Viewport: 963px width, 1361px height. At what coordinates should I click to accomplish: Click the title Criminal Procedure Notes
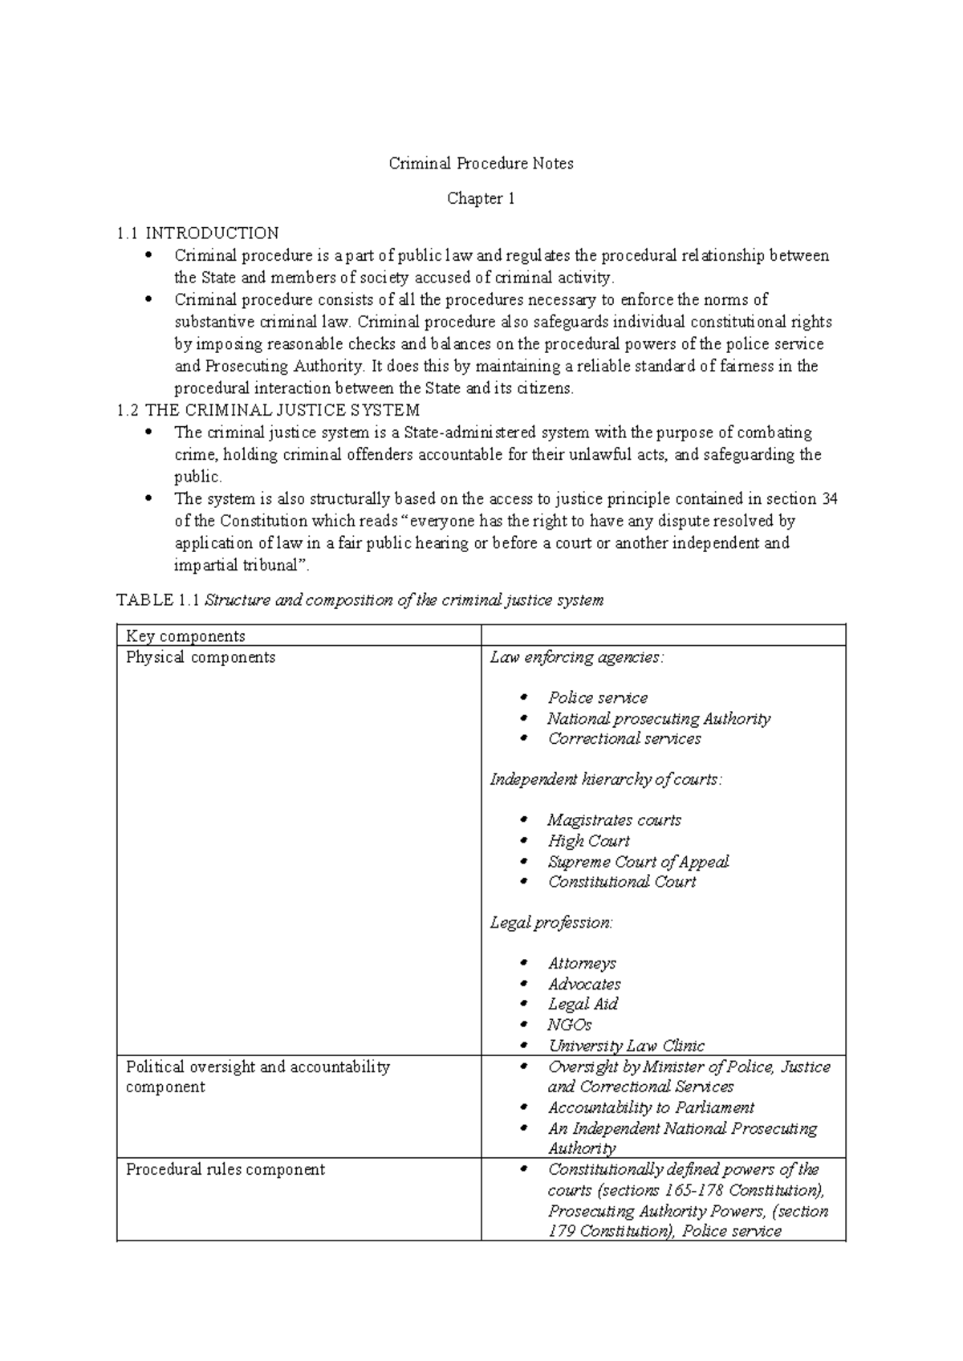coord(481,164)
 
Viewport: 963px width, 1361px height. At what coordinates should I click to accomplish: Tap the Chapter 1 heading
coord(481,198)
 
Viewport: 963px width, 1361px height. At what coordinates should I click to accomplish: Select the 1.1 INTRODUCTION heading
coord(197,234)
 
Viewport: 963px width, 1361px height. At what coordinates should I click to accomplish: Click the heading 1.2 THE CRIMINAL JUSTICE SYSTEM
coord(268,411)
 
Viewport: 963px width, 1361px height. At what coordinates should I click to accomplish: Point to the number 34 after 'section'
coord(829,499)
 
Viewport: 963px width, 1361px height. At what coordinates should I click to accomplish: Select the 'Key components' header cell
coord(185,636)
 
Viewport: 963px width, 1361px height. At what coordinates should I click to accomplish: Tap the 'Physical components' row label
coord(201,657)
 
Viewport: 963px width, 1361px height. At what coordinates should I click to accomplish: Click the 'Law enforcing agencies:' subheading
coord(577,657)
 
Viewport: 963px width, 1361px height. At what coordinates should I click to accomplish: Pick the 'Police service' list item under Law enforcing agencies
coord(598,698)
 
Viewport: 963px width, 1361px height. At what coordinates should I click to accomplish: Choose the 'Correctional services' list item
coord(624,739)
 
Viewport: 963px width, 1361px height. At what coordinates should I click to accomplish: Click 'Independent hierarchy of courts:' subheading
coord(606,779)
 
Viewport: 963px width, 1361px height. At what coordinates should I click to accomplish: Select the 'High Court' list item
coord(589,841)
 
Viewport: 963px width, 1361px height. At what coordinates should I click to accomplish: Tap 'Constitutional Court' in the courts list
coord(622,882)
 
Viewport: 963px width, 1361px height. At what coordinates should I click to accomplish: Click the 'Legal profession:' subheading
coord(551,923)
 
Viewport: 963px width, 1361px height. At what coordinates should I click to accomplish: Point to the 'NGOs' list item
coord(570,1025)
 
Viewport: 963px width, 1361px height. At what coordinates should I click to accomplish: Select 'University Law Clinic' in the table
coord(626,1046)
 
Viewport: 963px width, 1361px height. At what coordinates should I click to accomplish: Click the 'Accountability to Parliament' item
coord(651,1107)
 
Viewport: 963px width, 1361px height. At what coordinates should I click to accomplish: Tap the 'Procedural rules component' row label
coord(226,1169)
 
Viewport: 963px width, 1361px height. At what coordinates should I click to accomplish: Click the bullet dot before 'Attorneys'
coord(525,963)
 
